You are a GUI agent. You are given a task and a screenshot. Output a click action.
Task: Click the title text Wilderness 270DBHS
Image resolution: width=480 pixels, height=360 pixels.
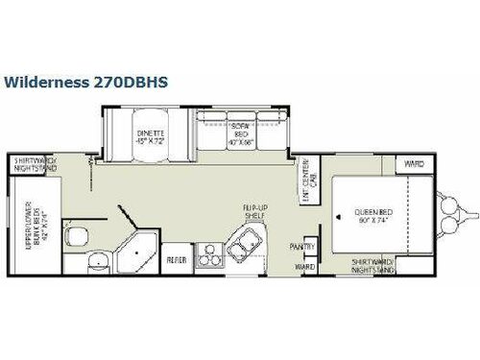tap(85, 82)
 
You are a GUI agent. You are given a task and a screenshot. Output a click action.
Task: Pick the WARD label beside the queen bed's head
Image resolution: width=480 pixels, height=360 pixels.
tap(413, 164)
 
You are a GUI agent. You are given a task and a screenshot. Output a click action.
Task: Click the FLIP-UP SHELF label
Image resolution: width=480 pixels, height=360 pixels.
tap(253, 213)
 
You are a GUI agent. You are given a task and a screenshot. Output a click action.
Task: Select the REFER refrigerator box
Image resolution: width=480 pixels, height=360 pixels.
tap(176, 259)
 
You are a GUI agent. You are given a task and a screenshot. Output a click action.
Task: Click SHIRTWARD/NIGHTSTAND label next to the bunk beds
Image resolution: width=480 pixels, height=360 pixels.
tap(35, 164)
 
